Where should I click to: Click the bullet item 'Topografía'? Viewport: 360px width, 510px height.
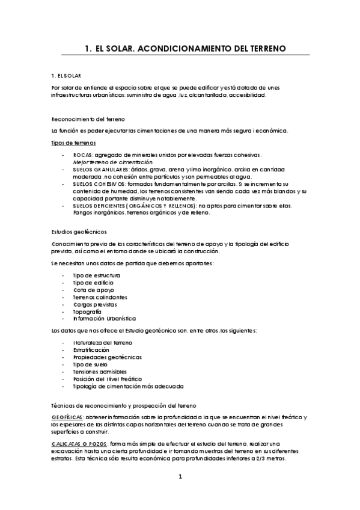[87, 312]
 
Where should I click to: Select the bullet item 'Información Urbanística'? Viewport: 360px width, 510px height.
[105, 319]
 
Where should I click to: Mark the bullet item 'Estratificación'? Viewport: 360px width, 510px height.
[91, 349]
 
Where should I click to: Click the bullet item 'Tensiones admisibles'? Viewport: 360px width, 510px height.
[100, 371]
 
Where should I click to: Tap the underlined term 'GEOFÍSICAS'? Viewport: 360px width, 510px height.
[68, 417]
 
